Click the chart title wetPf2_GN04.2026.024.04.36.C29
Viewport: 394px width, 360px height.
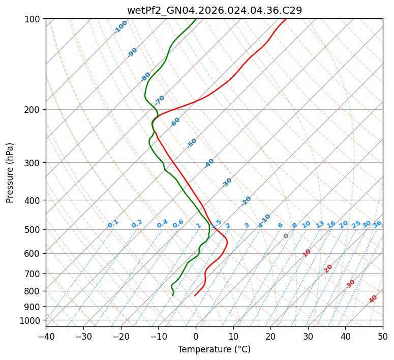pos(214,10)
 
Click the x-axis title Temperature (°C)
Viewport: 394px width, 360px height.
pos(214,349)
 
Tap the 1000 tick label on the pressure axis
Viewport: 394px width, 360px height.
pos(32,320)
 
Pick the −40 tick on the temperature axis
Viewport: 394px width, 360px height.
pos(46,336)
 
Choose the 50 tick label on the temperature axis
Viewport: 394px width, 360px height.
pos(383,336)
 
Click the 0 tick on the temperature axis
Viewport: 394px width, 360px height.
pos(196,336)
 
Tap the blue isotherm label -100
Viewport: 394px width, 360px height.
pos(121,27)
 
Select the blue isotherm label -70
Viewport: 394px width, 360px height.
pos(160,100)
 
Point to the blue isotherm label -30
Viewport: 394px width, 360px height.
pos(227,182)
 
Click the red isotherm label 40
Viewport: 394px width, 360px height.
pos(373,299)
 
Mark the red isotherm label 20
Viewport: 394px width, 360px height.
pos(328,268)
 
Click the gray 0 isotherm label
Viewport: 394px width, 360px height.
pos(286,236)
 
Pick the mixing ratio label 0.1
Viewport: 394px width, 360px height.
pos(113,223)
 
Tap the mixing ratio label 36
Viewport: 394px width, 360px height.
pos(377,224)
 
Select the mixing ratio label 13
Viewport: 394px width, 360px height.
pos(320,224)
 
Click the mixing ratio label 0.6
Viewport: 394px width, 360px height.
pos(178,224)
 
